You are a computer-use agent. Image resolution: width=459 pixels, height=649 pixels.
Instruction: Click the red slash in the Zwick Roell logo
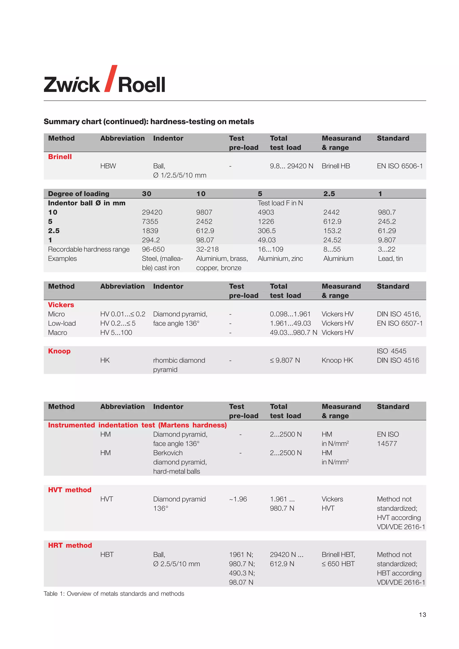click(x=110, y=79)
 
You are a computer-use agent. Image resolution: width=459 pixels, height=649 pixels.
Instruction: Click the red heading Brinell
click(x=60, y=157)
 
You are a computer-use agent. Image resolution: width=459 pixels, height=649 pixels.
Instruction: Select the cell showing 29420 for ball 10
click(x=152, y=212)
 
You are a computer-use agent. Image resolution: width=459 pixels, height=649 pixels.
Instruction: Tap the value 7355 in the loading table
click(x=150, y=222)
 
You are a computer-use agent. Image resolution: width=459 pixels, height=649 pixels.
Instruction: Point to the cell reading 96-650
click(x=153, y=249)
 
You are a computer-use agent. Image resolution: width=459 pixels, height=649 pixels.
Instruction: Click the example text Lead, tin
click(x=390, y=259)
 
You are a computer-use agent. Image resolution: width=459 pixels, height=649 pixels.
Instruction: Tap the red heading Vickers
click(x=61, y=305)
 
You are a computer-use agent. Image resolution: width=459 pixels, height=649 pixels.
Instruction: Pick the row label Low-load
click(x=62, y=323)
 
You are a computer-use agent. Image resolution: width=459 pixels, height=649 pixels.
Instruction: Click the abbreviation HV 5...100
click(x=116, y=333)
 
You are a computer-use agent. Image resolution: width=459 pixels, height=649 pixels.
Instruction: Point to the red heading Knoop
click(x=59, y=351)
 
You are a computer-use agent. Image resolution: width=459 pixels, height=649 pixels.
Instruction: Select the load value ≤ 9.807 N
click(x=285, y=360)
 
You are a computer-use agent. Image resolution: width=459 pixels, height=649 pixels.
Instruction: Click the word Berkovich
click(x=168, y=453)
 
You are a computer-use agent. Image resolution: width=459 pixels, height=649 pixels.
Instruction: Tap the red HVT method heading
click(x=69, y=490)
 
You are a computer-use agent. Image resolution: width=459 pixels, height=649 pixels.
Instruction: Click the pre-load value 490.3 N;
click(x=242, y=573)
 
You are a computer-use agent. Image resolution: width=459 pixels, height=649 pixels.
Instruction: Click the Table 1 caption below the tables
click(x=114, y=594)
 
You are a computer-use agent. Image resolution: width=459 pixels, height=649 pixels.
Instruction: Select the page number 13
click(x=422, y=615)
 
